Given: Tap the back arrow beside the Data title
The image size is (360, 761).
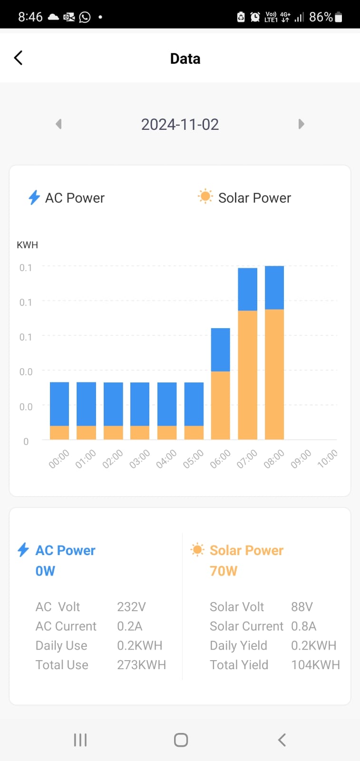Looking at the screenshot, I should point(19,58).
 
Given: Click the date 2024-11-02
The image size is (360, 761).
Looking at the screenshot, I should point(180,125).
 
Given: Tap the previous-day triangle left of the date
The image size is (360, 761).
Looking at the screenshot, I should point(59,124).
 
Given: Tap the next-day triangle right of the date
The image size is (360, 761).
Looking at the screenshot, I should point(301,124).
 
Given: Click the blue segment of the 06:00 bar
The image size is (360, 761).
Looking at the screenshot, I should point(220,350).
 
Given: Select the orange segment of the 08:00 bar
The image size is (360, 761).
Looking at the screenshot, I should point(274,374).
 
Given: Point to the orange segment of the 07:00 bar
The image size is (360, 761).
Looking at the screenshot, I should point(247,375).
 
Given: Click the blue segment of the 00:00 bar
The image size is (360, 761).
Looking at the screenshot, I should point(59,404).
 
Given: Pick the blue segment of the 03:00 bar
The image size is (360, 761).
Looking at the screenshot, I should point(140,404).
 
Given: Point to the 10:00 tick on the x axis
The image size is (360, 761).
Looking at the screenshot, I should point(328,459).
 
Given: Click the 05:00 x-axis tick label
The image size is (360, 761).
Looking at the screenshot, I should point(193,459).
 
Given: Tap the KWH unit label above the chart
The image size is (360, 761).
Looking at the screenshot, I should point(27,245).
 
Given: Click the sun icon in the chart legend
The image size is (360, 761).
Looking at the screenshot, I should point(205,196).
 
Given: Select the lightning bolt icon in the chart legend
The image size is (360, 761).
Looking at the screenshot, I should point(34,197).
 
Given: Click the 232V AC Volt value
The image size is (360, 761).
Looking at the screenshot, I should point(131,607).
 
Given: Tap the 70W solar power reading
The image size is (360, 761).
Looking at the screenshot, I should point(224,571).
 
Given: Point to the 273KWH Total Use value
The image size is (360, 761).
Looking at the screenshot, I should point(141,665).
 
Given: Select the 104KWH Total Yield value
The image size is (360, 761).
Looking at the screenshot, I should point(315,665).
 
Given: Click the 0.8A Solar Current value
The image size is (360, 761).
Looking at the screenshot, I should point(303,626).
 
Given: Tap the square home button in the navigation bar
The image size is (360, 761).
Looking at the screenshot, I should point(181,740).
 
